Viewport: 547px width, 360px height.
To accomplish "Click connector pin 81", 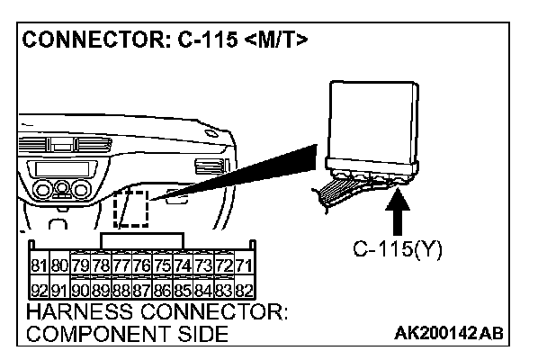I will pos(38,265).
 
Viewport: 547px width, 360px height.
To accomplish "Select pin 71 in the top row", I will pos(244,265).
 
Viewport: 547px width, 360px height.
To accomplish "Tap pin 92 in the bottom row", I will pos(38,290).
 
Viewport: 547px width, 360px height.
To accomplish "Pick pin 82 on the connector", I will pos(244,290).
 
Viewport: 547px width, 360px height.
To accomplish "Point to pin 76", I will pos(141,265).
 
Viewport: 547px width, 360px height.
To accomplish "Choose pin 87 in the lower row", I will pos(141,290).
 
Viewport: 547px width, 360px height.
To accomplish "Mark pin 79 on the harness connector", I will pos(79,265).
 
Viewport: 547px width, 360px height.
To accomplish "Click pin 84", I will pos(203,290).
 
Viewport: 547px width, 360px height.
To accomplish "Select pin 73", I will pos(203,265).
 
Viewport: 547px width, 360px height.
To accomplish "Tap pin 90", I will pos(79,290).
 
